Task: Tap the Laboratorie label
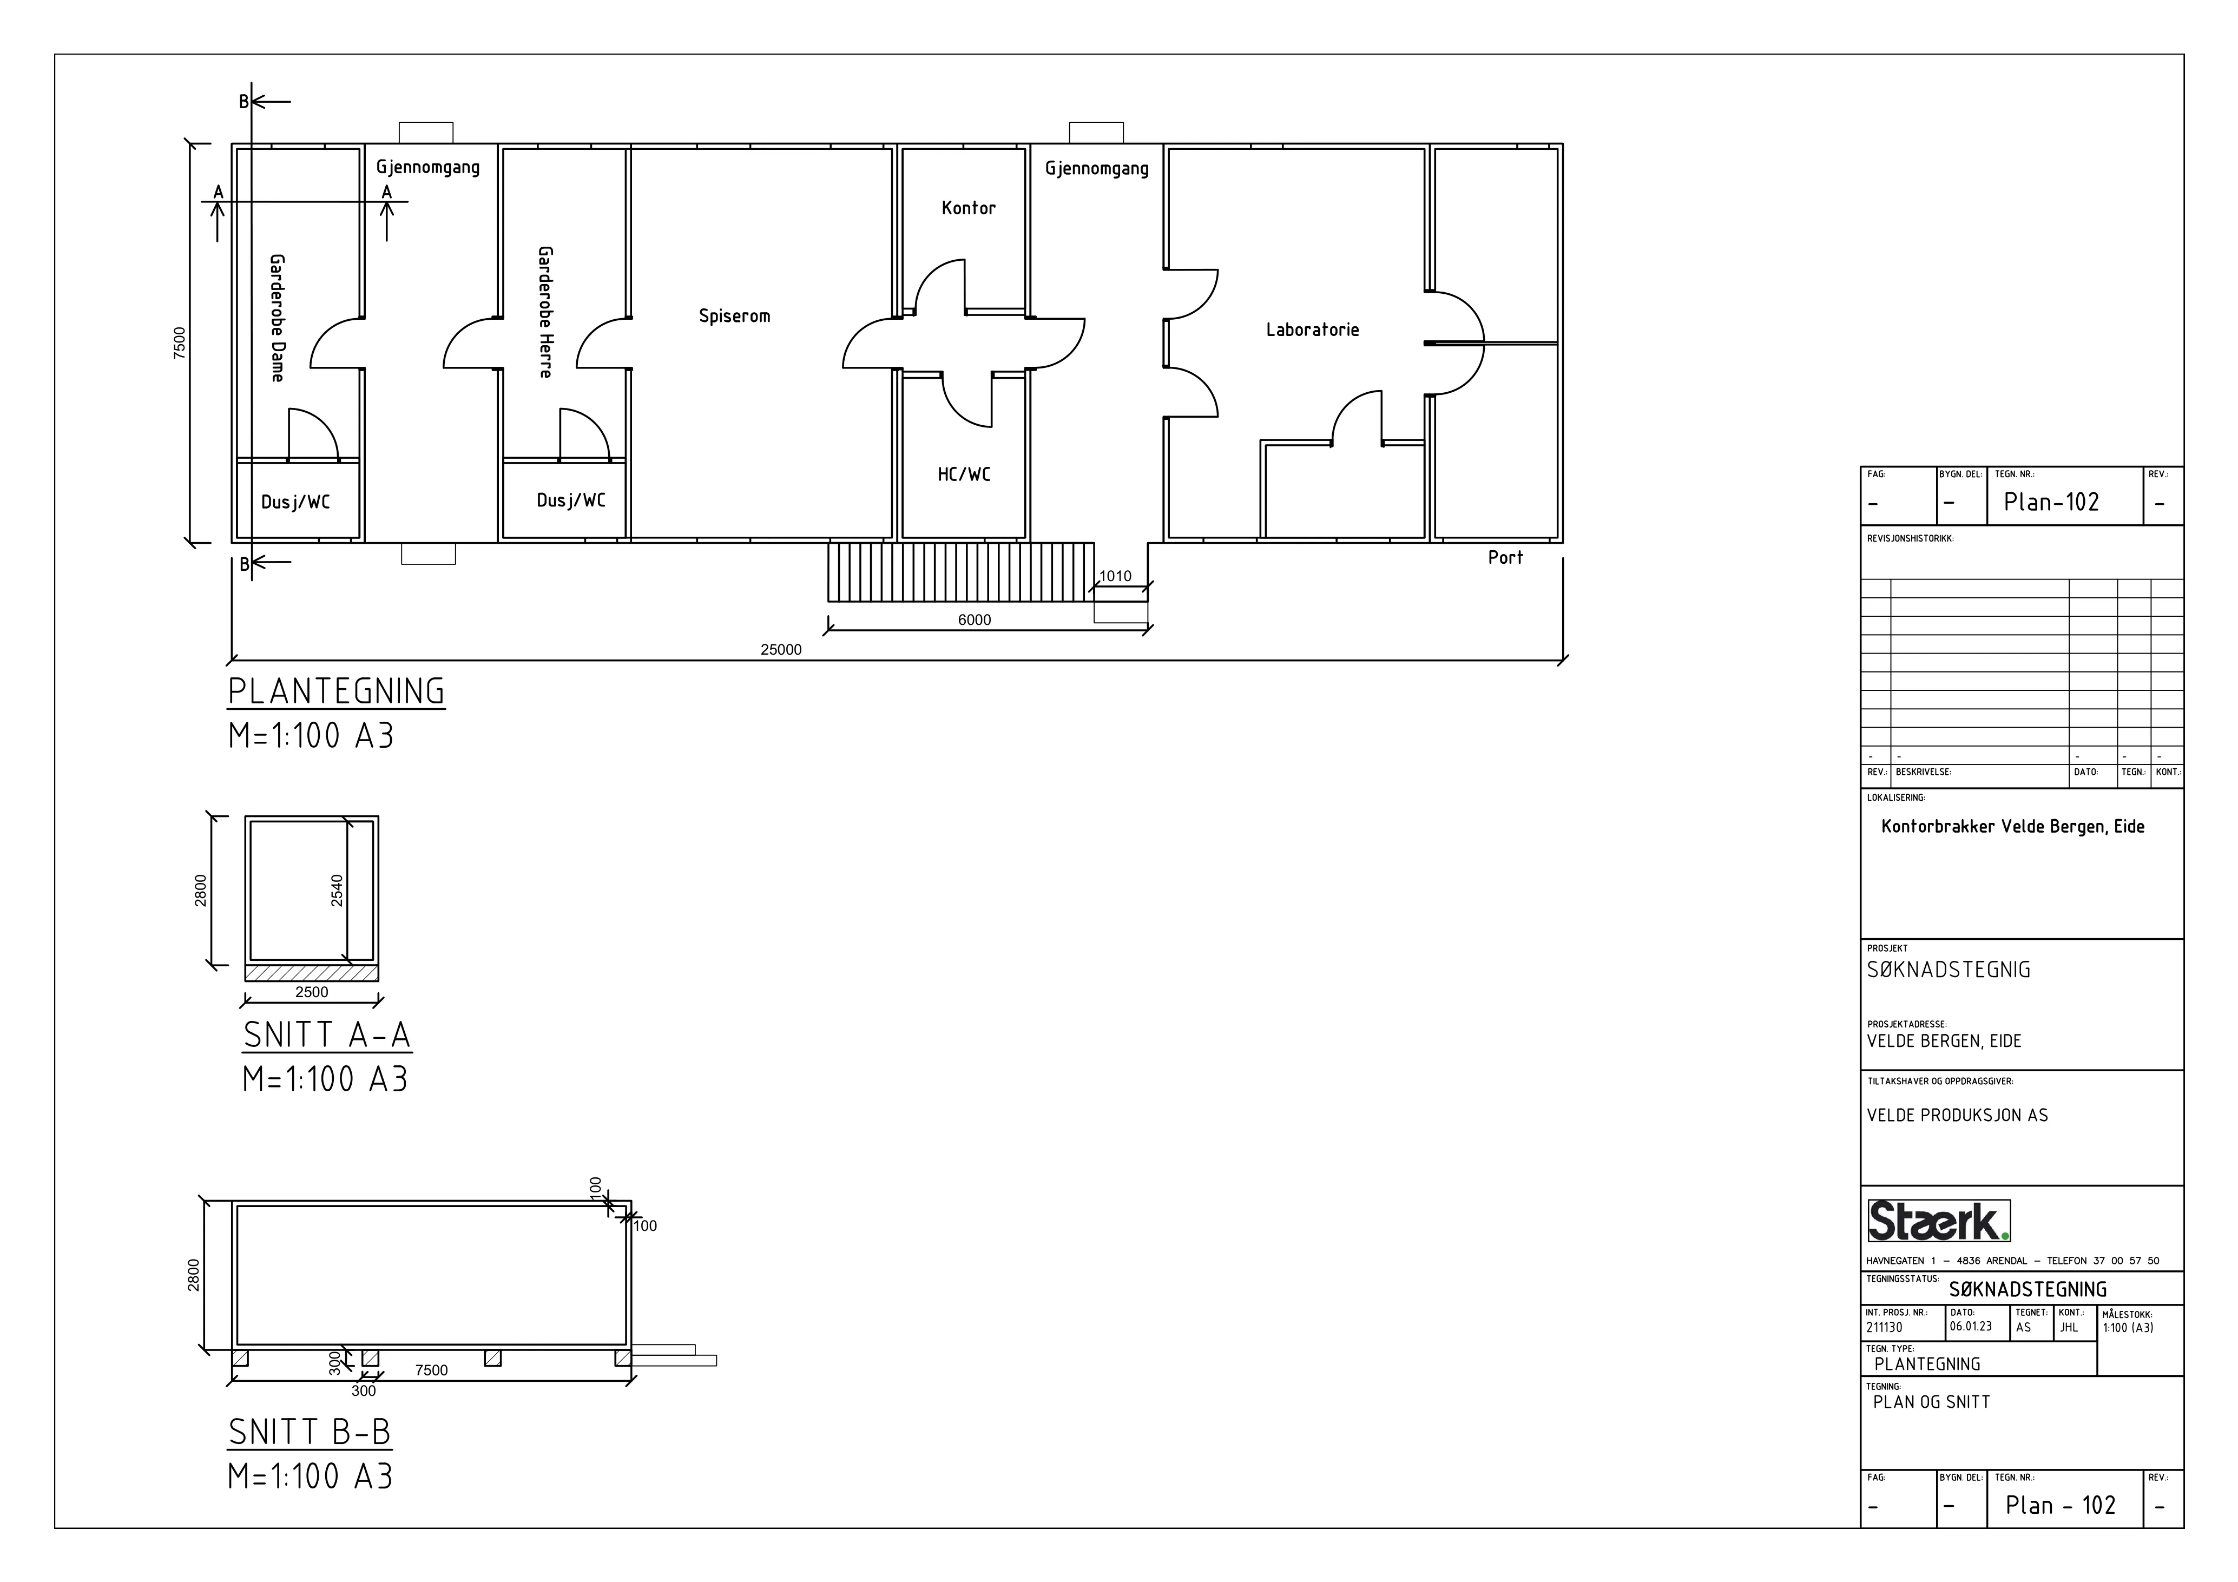tap(1312, 329)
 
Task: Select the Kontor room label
tap(969, 208)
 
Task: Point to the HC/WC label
tap(964, 474)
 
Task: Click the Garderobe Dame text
tap(277, 318)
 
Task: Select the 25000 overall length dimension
tap(781, 650)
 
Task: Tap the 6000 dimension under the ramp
tap(974, 620)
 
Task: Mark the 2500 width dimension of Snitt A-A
tap(312, 992)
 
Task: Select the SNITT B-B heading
tap(310, 1432)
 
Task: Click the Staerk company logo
tap(1939, 1221)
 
